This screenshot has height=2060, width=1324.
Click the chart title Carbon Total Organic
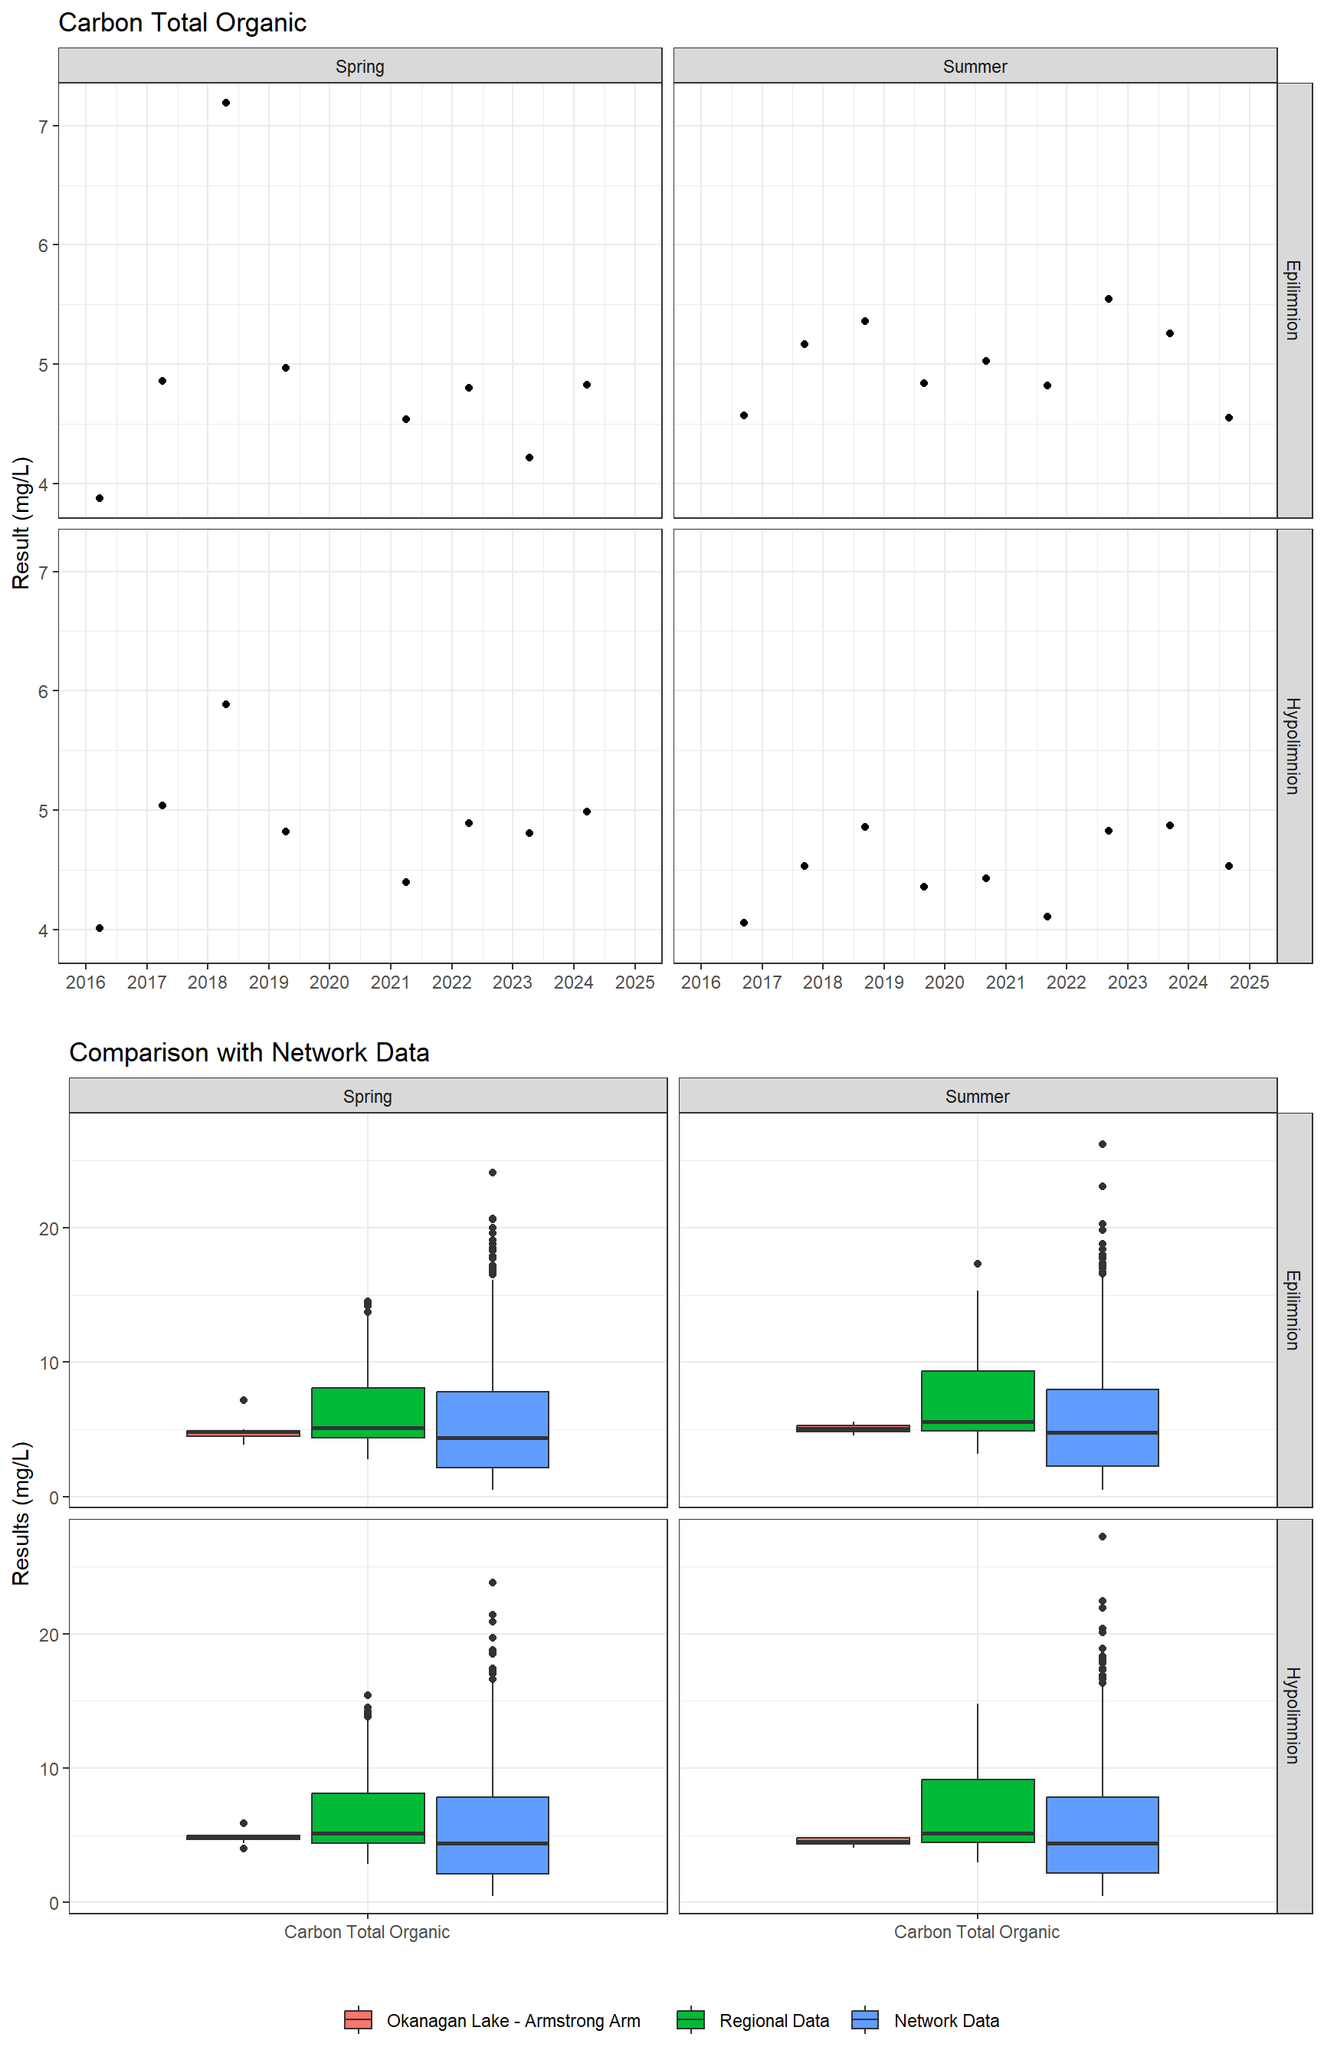tap(182, 23)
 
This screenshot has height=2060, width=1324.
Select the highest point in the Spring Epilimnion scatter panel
tap(225, 103)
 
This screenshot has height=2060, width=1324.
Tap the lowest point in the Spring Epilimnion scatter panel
tap(100, 498)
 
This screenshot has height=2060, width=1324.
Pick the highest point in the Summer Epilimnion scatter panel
tap(1108, 299)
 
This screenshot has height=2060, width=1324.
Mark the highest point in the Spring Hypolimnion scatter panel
tap(225, 704)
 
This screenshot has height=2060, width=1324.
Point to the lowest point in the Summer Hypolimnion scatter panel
tap(744, 923)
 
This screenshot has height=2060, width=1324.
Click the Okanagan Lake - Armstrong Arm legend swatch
tap(358, 2019)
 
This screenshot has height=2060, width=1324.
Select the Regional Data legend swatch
tap(690, 2019)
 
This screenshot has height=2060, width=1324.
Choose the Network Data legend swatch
tap(865, 2019)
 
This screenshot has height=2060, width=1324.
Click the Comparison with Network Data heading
tap(249, 1052)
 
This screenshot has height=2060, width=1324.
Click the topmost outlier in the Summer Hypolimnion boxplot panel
tap(1103, 1537)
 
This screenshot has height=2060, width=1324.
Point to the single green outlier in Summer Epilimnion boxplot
tap(978, 1264)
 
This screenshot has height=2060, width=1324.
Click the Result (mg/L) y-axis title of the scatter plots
tap(21, 523)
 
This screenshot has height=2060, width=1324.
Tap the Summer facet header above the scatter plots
tap(975, 66)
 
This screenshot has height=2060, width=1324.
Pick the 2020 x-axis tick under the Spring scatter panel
tap(329, 982)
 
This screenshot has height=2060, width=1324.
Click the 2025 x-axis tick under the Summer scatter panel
tap(1249, 982)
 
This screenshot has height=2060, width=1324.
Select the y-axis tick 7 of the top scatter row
tap(43, 126)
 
